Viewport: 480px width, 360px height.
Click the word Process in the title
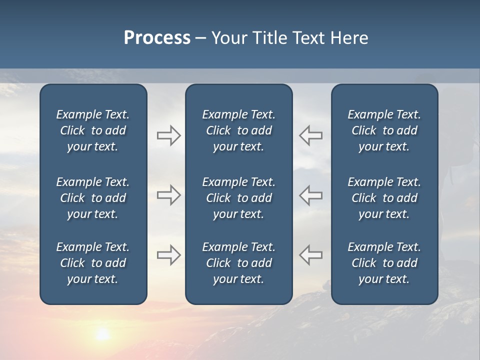pyautogui.click(x=157, y=38)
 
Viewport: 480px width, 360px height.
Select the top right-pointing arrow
pyautogui.click(x=168, y=135)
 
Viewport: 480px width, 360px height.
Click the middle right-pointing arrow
pyautogui.click(x=168, y=195)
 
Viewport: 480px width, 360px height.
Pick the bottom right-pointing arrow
pyautogui.click(x=168, y=255)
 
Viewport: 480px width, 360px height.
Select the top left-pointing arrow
pyautogui.click(x=311, y=135)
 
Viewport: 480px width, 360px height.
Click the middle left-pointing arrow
pyautogui.click(x=311, y=195)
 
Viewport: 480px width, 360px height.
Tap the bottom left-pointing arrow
pyautogui.click(x=311, y=255)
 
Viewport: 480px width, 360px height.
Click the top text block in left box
pyautogui.click(x=93, y=130)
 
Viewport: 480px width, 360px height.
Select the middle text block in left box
pyautogui.click(x=93, y=198)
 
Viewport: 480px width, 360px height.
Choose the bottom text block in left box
pyautogui.click(x=93, y=263)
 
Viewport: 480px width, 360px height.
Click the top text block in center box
pyautogui.click(x=238, y=130)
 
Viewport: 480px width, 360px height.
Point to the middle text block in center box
pyautogui.click(x=238, y=198)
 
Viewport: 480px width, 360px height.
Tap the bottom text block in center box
pyautogui.click(x=238, y=263)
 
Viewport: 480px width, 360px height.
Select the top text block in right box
pyautogui.click(x=384, y=130)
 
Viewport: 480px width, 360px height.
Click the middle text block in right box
pyautogui.click(x=384, y=198)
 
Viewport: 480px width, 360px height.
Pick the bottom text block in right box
pyautogui.click(x=384, y=263)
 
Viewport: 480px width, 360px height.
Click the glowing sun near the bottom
pyautogui.click(x=102, y=334)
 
